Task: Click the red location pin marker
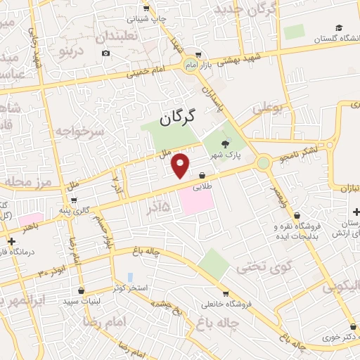pos(181,165)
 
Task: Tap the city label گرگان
pos(176,120)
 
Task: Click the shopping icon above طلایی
pos(202,175)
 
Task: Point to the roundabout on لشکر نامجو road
pos(263,163)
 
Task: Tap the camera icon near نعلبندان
pos(105,53)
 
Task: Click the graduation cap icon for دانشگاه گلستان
pos(339,27)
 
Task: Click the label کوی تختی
pos(253,266)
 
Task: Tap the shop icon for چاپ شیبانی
pos(146,8)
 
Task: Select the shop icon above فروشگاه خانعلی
pos(224,293)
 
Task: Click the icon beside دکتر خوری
pos(352,327)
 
